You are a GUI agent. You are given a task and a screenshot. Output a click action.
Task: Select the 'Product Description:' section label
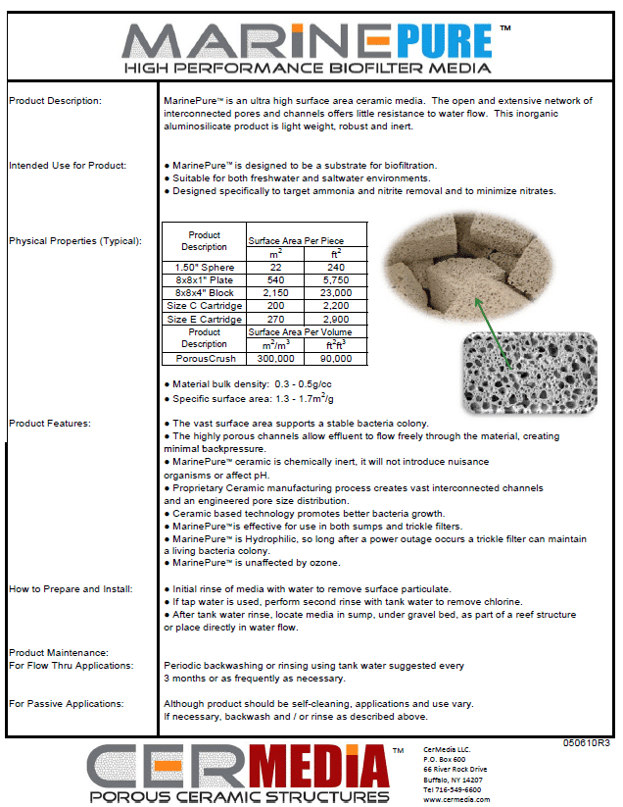55,101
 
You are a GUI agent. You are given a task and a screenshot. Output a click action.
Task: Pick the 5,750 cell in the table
335,278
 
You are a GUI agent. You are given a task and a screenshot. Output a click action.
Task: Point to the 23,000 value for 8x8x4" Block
335,292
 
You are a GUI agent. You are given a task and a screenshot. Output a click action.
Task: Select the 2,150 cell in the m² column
275,292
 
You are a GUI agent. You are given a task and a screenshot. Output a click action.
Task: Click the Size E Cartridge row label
204,319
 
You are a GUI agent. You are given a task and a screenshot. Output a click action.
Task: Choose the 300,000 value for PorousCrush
275,359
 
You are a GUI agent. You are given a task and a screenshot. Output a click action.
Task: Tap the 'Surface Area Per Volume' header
306,331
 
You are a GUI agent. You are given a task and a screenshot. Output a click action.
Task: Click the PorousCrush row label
204,359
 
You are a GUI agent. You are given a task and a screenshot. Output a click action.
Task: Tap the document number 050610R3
587,743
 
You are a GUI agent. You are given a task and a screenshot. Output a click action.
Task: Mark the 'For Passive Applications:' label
66,704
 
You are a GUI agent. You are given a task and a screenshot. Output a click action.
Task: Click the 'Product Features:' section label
49,423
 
